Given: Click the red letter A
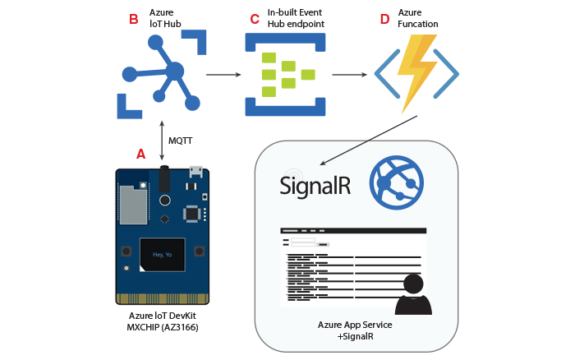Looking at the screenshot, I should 140,154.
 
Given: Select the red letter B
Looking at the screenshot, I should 134,19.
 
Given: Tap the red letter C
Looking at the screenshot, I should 254,19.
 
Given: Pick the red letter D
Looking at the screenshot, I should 384,19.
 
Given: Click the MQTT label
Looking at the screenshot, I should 181,141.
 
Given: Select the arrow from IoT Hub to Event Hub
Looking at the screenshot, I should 223,75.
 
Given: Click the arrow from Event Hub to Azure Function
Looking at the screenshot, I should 349,75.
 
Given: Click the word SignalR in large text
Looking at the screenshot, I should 315,185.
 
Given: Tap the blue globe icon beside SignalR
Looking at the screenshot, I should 396,179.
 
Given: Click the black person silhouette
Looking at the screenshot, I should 413,295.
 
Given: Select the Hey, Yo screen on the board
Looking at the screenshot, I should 162,255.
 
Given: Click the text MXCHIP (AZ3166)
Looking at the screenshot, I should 163,328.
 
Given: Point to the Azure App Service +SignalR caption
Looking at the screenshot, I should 355,330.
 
